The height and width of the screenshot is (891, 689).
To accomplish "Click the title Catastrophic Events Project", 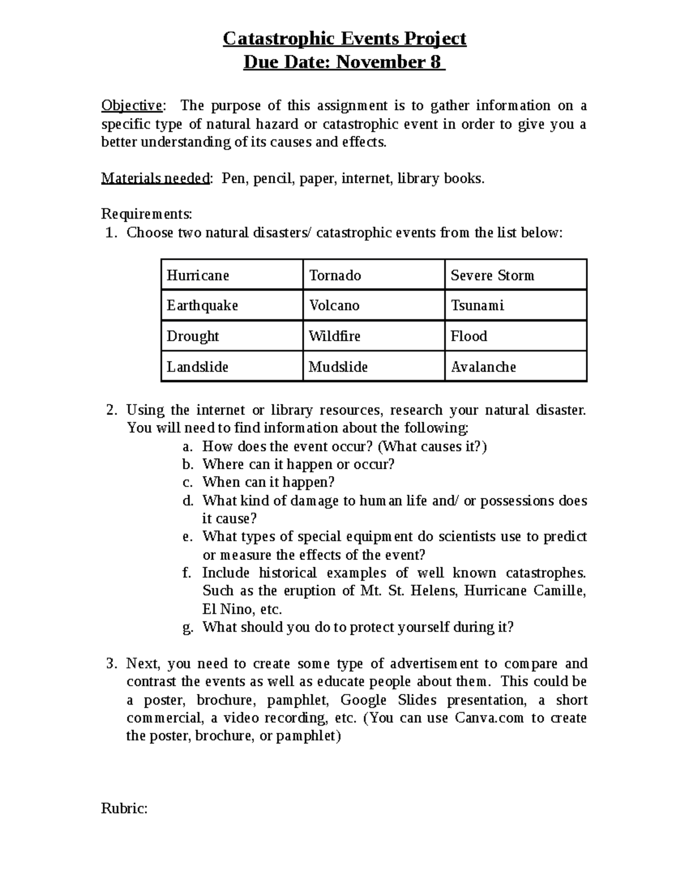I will pyautogui.click(x=344, y=38).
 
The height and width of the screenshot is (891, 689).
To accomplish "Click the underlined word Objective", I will pyautogui.click(x=131, y=106).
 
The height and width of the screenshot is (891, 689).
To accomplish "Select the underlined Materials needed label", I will pyautogui.click(x=156, y=178).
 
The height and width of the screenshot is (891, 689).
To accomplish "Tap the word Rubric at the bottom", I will pyautogui.click(x=124, y=808).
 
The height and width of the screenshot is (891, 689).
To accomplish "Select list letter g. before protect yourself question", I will pyautogui.click(x=188, y=628).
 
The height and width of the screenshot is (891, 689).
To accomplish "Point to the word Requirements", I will pyautogui.click(x=146, y=214).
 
